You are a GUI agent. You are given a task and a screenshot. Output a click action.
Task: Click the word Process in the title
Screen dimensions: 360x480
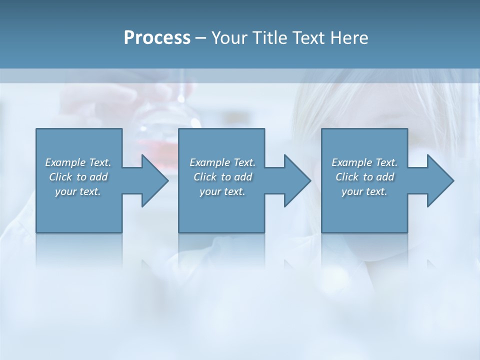157,38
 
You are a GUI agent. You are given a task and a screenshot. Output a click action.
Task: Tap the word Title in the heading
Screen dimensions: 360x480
270,38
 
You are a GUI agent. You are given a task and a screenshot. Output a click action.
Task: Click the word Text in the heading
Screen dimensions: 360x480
309,38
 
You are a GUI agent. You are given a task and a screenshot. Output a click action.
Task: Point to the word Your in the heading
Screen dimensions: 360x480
230,38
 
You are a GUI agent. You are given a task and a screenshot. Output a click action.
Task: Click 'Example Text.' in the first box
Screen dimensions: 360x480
78,162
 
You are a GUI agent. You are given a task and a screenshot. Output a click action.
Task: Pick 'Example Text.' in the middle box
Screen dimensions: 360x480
222,162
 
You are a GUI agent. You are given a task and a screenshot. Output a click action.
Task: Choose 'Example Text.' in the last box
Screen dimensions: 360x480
364,162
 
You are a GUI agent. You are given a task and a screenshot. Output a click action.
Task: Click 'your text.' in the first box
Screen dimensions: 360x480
78,191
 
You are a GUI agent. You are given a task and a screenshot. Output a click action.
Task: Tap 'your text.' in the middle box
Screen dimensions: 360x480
222,191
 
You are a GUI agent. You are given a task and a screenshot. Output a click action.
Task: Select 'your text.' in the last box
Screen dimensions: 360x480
364,191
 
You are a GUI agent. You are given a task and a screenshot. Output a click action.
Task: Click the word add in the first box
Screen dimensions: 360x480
98,177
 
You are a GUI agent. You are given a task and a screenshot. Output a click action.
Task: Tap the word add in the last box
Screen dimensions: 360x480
385,177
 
